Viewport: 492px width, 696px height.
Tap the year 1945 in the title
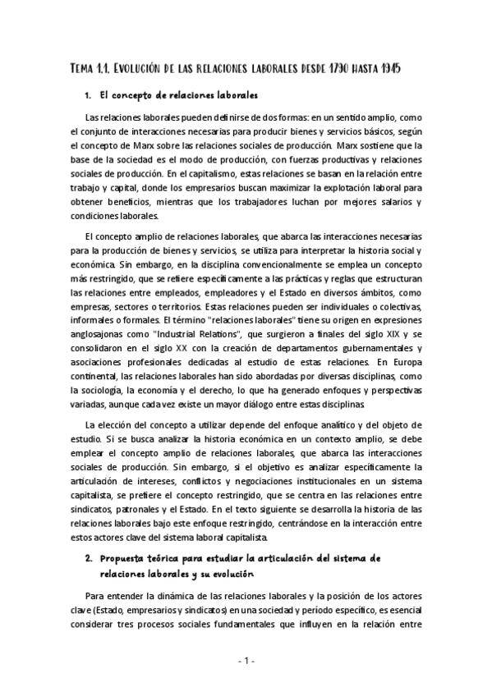click(x=412, y=70)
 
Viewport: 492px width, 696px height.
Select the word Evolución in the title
click(x=141, y=70)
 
